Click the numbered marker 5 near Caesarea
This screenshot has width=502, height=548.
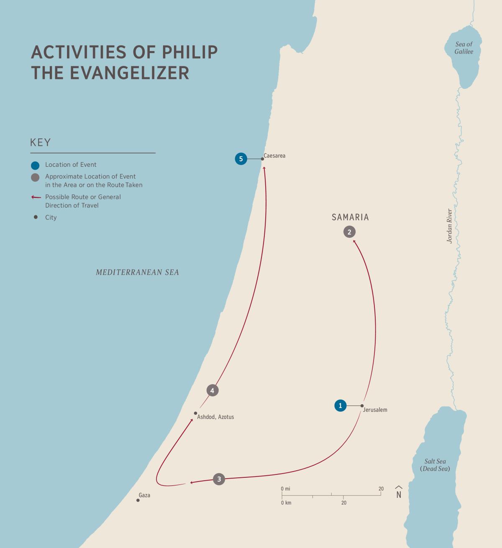pyautogui.click(x=241, y=159)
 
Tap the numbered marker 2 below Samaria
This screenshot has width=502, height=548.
pyautogui.click(x=349, y=232)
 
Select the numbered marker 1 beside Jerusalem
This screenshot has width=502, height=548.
pyautogui.click(x=341, y=405)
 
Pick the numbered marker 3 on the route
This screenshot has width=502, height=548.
pyautogui.click(x=219, y=479)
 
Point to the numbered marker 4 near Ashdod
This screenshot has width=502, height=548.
pyautogui.click(x=213, y=390)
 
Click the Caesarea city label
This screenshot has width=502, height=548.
pyautogui.click(x=274, y=156)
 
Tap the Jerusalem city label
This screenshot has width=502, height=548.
pyautogui.click(x=375, y=410)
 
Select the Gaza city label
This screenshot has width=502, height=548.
pyautogui.click(x=144, y=495)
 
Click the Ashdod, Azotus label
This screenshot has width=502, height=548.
pyautogui.click(x=215, y=417)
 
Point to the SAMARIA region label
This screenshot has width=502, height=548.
pyautogui.click(x=350, y=217)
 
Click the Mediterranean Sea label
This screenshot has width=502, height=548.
pyautogui.click(x=137, y=273)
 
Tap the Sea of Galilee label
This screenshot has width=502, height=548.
pyautogui.click(x=464, y=48)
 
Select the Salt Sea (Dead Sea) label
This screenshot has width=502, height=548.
pyautogui.click(x=435, y=465)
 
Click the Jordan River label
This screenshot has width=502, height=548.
pyautogui.click(x=450, y=226)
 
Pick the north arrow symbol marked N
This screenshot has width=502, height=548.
pyautogui.click(x=399, y=492)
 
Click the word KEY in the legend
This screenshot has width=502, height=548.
pyautogui.click(x=40, y=143)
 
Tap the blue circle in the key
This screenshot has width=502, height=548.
pyautogui.click(x=36, y=165)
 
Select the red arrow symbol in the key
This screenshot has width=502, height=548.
pyautogui.click(x=36, y=197)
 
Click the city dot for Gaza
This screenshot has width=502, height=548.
pyautogui.click(x=138, y=500)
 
